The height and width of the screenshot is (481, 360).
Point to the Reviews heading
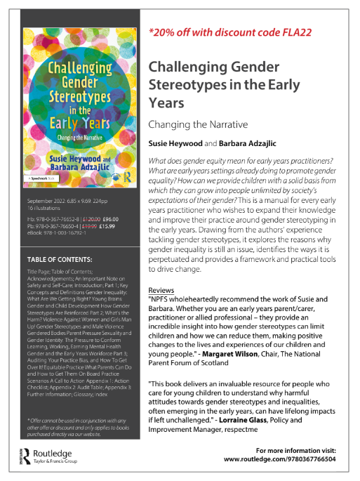click(x=162, y=270)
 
